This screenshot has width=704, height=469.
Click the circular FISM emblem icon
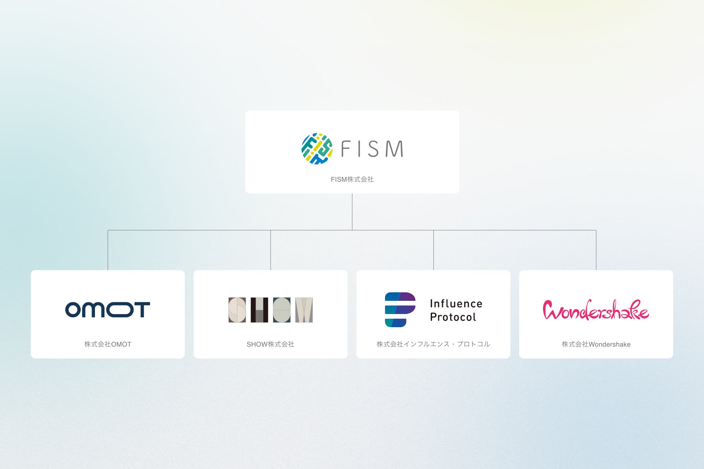tap(317, 149)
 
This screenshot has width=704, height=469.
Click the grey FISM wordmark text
tap(372, 149)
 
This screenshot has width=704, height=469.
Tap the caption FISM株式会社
tap(352, 180)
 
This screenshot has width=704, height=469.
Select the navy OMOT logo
tap(107, 310)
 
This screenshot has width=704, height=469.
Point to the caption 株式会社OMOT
tap(107, 344)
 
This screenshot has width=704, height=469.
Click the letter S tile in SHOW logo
tap(237, 310)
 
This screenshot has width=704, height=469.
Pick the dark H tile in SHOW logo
tap(259, 310)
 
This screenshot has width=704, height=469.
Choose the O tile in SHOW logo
tap(282, 310)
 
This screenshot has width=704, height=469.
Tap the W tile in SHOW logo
tap(304, 310)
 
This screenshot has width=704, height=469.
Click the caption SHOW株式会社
tap(270, 344)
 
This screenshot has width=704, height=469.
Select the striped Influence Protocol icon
tap(400, 310)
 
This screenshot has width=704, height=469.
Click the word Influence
tap(456, 304)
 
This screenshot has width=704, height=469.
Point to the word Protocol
tap(453, 317)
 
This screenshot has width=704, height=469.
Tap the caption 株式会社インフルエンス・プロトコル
tap(433, 344)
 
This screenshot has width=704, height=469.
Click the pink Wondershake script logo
tap(596, 310)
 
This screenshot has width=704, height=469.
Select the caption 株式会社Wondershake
tap(596, 344)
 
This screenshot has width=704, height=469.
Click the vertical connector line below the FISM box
tap(352, 212)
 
